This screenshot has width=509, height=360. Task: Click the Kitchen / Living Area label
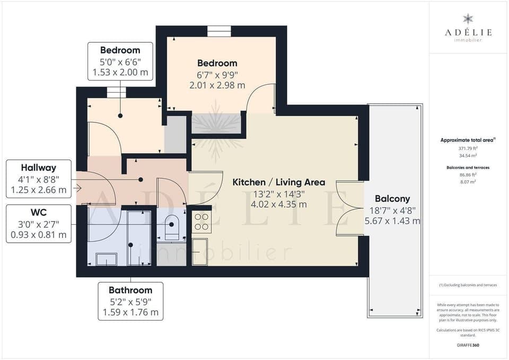[x=279, y=182]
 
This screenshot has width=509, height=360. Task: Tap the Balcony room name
[x=392, y=199]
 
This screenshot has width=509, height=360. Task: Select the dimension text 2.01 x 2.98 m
[x=217, y=85]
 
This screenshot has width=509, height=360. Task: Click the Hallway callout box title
[x=39, y=168]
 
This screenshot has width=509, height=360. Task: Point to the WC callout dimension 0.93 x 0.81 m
[x=39, y=234]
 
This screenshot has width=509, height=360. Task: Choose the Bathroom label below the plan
[x=130, y=290]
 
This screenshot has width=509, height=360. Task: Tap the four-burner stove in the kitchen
[x=201, y=222]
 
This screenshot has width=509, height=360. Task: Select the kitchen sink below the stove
[x=199, y=251]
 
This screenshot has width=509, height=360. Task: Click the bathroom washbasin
[x=106, y=258]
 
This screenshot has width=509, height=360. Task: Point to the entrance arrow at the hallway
[x=78, y=188]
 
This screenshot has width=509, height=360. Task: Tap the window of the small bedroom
[x=116, y=92]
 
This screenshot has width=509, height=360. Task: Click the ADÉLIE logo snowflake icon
[x=468, y=19]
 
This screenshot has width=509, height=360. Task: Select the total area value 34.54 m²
[x=468, y=156]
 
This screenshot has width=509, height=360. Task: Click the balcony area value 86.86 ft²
[x=468, y=174]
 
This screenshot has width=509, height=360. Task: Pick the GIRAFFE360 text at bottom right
[x=468, y=345]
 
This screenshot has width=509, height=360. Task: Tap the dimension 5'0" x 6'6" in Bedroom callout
[x=120, y=62]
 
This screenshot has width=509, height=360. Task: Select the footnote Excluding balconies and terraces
[x=468, y=285]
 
